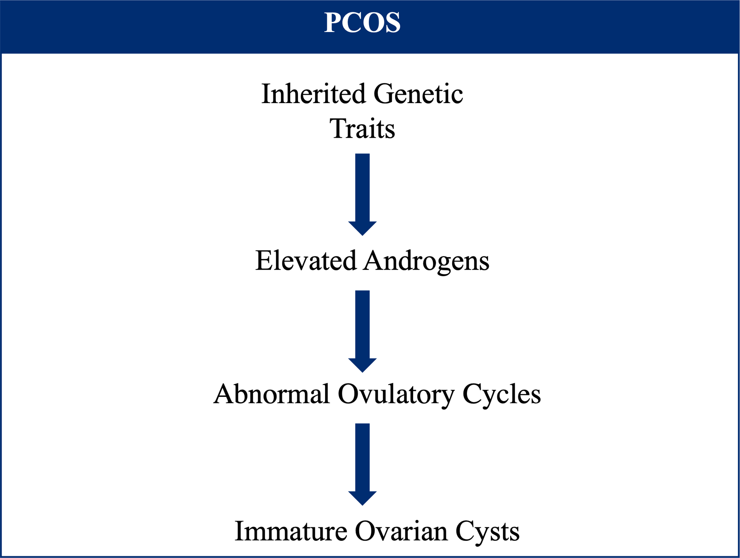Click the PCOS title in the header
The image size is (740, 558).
click(362, 22)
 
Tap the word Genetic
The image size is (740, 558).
click(418, 94)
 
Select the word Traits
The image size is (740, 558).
click(362, 129)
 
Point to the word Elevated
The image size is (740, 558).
click(306, 261)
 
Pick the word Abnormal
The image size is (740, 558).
click(272, 394)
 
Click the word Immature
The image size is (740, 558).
click(291, 531)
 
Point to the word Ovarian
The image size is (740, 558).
click(401, 531)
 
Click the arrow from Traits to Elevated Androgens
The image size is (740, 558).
click(362, 194)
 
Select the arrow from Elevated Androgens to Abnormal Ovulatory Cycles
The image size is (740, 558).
click(362, 331)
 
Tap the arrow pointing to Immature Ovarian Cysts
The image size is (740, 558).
click(362, 464)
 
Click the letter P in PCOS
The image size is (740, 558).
click(333, 22)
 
